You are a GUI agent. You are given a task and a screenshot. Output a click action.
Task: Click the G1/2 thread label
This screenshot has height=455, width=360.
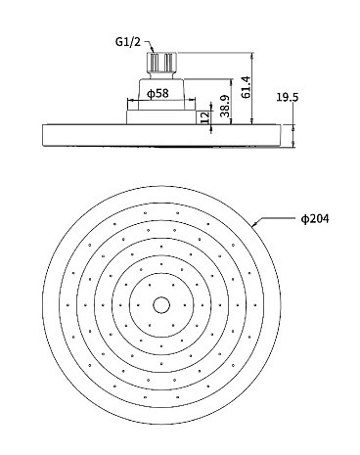[x=128, y=42]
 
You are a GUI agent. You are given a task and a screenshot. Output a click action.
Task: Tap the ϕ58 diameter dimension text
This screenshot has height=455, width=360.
[x=157, y=94]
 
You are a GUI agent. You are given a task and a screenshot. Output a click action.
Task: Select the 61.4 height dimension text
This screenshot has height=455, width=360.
[x=247, y=87]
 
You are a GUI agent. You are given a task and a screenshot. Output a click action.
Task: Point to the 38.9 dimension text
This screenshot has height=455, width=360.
[x=225, y=106]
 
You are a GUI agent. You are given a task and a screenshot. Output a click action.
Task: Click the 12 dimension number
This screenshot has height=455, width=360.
[x=204, y=117]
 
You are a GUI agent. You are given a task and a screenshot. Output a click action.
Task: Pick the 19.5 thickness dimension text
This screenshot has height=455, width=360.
[x=288, y=97]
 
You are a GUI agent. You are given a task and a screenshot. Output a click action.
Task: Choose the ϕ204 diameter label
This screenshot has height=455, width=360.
[x=315, y=218]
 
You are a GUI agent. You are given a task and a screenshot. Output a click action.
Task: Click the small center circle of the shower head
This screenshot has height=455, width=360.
[x=161, y=305]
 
